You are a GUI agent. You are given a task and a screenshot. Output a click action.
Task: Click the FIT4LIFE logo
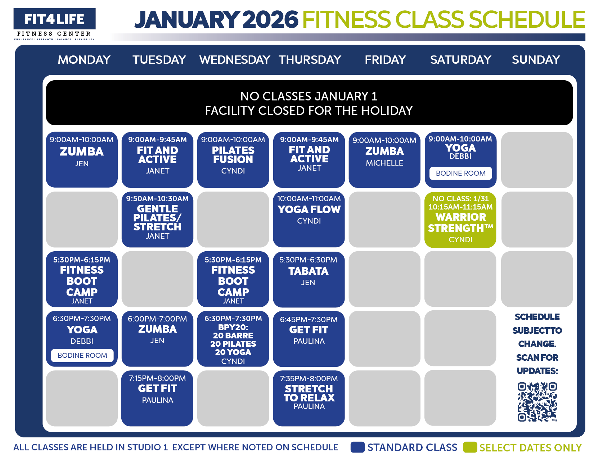pos(54,19)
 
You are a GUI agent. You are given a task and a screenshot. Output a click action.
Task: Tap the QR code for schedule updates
pos(537,402)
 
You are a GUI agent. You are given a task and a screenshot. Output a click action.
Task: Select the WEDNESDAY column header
pos(235,60)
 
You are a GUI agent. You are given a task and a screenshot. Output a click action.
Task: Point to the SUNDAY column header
pos(536,60)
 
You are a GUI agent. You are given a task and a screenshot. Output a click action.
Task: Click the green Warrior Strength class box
pos(460,220)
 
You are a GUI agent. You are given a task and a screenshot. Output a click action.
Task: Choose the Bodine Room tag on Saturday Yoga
pos(460,173)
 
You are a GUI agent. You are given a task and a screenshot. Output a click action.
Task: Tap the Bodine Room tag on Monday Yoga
pos(82,355)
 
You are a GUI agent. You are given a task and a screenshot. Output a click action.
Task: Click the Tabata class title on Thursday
pos(309,271)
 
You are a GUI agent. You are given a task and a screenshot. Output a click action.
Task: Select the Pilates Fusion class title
pos(233,155)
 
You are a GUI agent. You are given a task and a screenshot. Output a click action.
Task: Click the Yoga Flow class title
pos(309,210)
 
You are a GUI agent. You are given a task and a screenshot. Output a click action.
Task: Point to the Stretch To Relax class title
pos(309,393)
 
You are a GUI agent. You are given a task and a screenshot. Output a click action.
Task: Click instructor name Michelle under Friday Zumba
pos(384,163)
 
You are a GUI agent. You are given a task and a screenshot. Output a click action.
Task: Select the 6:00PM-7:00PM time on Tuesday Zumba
pos(157,319)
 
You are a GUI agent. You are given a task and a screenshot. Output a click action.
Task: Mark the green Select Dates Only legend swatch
pos(470,447)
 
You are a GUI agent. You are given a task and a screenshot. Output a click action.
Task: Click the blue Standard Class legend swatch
pos(357,447)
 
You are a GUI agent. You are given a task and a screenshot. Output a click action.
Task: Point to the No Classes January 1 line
pos(309,96)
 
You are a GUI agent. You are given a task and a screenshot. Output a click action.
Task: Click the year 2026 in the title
pos(270,19)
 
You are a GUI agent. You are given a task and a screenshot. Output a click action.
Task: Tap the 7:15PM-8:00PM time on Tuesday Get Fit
pos(157,378)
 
